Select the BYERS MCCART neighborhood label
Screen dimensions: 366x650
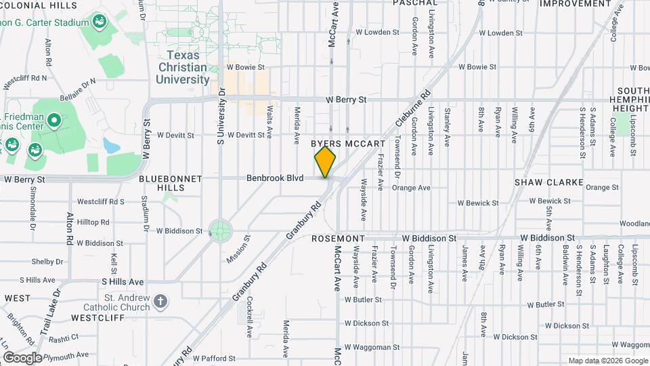[x=348, y=144]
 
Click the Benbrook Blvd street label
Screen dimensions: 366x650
[x=275, y=178]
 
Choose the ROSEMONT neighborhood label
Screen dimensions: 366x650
[x=339, y=239]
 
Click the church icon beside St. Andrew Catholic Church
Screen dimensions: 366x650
[x=160, y=301]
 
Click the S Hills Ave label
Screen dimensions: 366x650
[x=123, y=281]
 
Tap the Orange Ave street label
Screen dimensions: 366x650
[x=411, y=188]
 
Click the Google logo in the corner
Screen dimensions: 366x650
[x=22, y=357]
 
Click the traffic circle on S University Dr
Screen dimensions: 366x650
[x=220, y=229]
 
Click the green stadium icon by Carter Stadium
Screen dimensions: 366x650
[x=100, y=22]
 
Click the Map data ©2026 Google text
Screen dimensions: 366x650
[x=607, y=361]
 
